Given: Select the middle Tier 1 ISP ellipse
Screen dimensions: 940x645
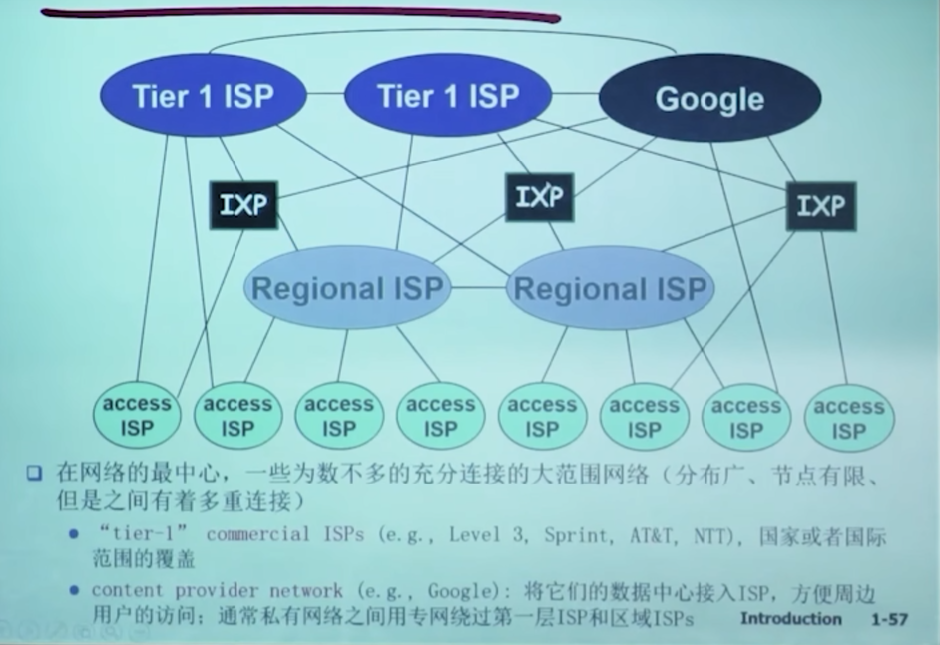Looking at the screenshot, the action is tap(447, 96).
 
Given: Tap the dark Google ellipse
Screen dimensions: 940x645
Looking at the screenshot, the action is tap(709, 99).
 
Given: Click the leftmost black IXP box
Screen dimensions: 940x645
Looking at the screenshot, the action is tap(244, 205).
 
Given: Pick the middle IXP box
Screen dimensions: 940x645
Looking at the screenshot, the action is tap(540, 197).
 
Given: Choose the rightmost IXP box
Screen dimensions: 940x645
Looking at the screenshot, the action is tap(821, 206).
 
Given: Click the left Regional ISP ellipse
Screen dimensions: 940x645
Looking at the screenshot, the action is tap(347, 289).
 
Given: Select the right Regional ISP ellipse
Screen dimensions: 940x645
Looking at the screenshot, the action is tap(610, 289).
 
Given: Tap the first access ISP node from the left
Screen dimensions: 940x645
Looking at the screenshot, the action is tap(137, 416).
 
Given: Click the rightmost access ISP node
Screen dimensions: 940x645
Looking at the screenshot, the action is tap(849, 418).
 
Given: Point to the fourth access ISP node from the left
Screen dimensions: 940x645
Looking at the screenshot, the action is tap(440, 416).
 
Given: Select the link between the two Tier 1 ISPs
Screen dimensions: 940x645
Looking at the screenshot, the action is tap(324, 96).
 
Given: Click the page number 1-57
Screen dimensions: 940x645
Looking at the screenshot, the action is tap(889, 620).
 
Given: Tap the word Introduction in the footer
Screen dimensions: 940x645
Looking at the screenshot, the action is tap(791, 619).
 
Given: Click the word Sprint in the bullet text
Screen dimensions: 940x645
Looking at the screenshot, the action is tap(577, 534).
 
